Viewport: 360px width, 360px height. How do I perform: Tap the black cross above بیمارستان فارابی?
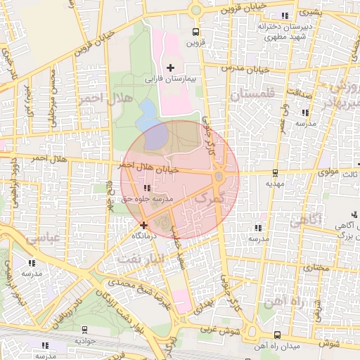[x=170, y=67]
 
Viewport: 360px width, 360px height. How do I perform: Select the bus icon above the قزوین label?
[x=195, y=32]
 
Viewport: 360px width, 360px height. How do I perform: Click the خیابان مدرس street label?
[x=246, y=68]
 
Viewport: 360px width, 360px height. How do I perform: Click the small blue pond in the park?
[x=148, y=108]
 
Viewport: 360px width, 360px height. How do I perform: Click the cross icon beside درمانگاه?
[x=144, y=225]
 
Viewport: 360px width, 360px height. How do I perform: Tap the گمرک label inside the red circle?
[x=212, y=200]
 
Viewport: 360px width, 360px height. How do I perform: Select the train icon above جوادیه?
[x=85, y=329]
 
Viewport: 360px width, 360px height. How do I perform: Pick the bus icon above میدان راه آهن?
[x=277, y=335]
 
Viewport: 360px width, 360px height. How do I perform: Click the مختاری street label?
[x=316, y=267]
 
